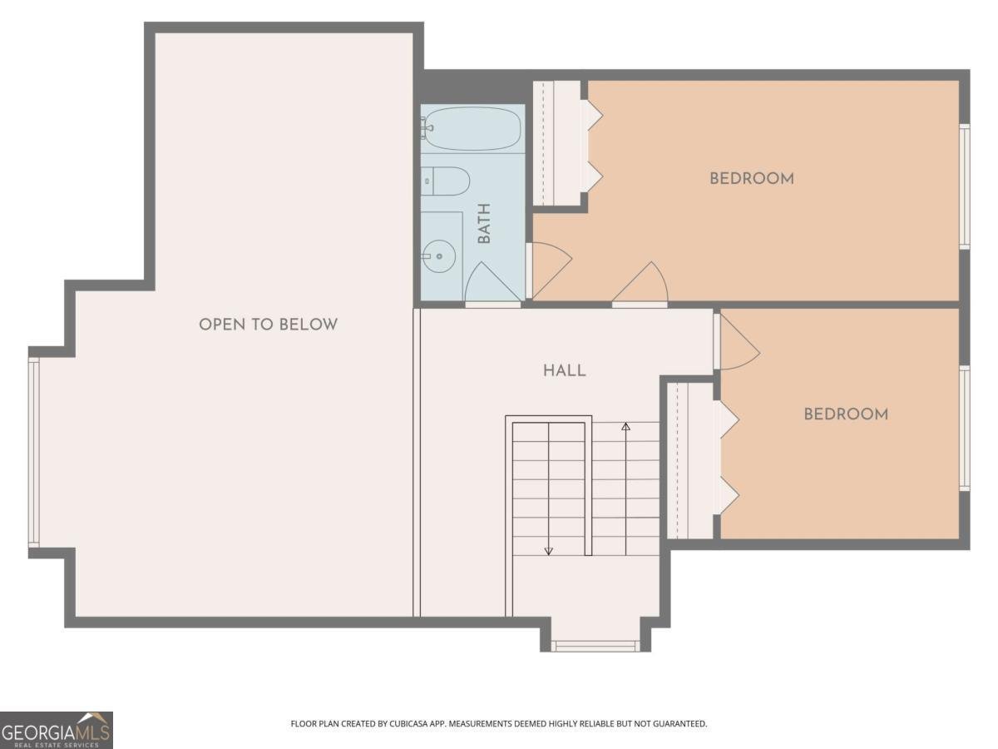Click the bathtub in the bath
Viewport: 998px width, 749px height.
tap(472, 129)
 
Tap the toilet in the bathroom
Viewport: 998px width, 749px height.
tap(446, 181)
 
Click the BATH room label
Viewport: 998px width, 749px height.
tap(484, 224)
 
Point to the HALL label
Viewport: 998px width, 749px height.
tap(565, 370)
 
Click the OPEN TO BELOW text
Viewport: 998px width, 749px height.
tap(268, 325)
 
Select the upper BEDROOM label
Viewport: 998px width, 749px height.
tap(751, 178)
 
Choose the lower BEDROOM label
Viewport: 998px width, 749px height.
tap(845, 414)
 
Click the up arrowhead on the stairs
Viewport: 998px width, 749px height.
tap(626, 427)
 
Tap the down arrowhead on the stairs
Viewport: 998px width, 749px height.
tap(549, 550)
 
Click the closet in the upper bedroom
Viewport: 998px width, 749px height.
tap(560, 143)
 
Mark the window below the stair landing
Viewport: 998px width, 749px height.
tap(595, 645)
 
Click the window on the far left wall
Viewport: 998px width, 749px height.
tap(34, 452)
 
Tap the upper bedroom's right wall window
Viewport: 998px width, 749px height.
tap(964, 186)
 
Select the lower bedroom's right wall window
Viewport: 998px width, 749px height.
tap(964, 428)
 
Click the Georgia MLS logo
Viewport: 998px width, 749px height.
tap(56, 730)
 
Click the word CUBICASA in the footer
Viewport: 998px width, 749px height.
tap(408, 724)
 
